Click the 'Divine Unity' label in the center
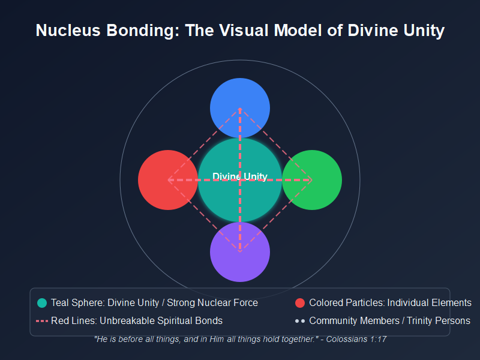240,176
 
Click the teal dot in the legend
42,303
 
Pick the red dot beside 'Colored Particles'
300,303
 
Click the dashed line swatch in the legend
41,321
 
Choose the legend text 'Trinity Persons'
439,321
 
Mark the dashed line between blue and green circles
276,144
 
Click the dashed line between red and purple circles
204,216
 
